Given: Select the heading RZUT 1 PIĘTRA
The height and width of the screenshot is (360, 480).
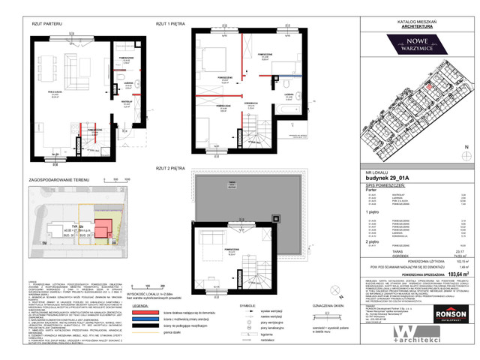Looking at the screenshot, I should [x=171, y=25].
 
